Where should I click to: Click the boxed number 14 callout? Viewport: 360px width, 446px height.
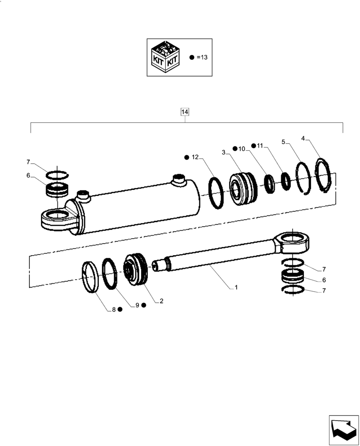pos(185,112)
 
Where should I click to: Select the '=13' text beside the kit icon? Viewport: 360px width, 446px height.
pos(202,58)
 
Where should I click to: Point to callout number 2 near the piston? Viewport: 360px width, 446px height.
pos(161,301)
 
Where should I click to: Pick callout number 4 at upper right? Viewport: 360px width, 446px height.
pos(303,139)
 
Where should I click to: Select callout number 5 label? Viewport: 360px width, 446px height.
pos(283,142)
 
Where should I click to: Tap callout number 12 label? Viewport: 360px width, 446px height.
pos(195,157)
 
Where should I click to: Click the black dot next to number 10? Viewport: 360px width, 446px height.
pos(235,148)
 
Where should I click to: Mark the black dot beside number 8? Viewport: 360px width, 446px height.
pos(120,309)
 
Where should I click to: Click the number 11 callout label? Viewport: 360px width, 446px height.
pos(260,146)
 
